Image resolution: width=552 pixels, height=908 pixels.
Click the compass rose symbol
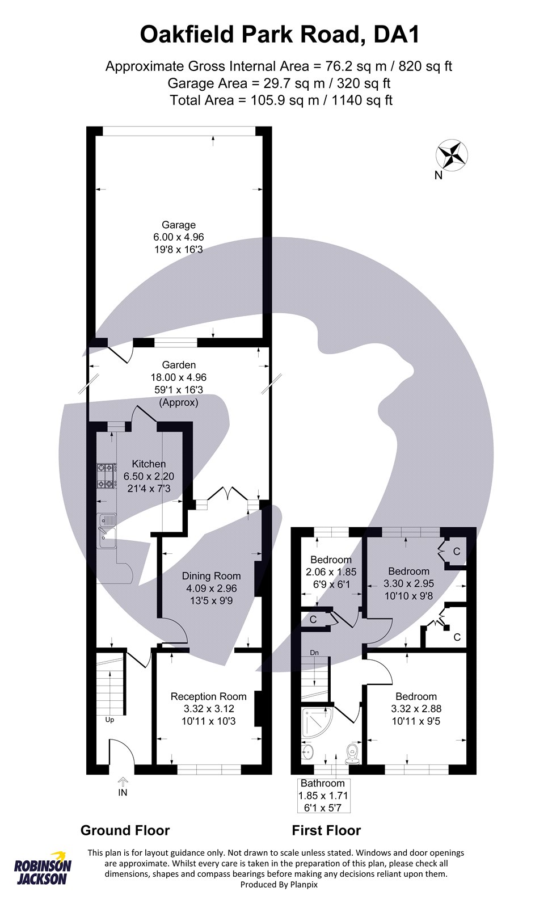click(x=452, y=155)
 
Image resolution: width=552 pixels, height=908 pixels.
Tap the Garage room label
click(x=178, y=225)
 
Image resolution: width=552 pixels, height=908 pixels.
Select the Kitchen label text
click(x=149, y=464)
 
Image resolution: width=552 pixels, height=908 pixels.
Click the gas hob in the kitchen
click(x=106, y=476)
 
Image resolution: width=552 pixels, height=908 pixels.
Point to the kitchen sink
click(x=107, y=531)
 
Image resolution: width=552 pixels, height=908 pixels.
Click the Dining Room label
click(x=211, y=575)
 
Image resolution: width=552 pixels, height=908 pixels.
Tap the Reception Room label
click(x=208, y=696)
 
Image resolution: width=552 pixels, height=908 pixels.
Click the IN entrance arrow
click(x=123, y=781)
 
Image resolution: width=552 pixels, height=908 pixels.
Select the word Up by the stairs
click(x=109, y=720)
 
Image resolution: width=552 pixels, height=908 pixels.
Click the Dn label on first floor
click(x=314, y=653)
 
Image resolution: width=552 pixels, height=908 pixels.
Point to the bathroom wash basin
click(x=308, y=753)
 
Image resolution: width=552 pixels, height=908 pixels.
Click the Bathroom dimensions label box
click(x=323, y=795)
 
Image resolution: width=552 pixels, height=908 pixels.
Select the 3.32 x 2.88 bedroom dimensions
click(x=416, y=709)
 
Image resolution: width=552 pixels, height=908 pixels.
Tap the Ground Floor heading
click(x=125, y=831)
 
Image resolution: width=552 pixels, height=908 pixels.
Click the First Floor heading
click(x=326, y=831)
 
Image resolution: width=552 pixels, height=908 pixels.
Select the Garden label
click(x=179, y=365)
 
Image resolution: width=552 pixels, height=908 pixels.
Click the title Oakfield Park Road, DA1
click(x=280, y=35)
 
